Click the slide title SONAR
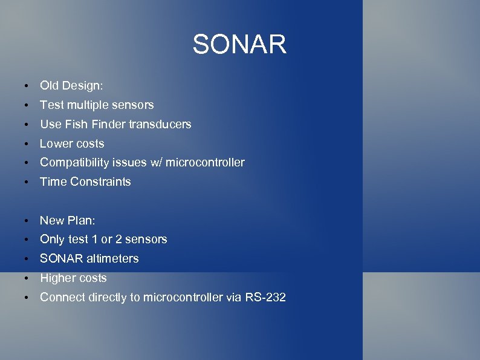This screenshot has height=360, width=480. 239,44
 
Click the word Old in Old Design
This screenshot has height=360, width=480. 50,85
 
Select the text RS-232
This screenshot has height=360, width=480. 265,297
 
